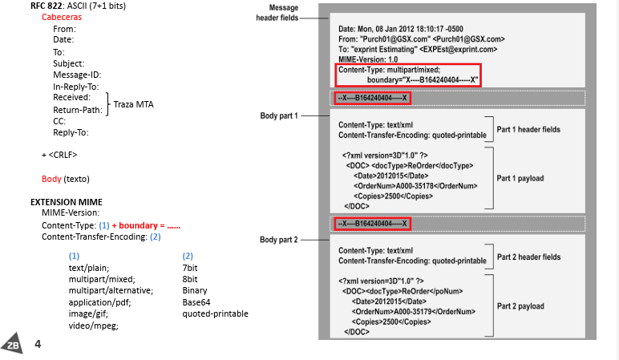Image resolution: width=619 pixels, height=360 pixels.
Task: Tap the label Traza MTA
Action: click(x=133, y=104)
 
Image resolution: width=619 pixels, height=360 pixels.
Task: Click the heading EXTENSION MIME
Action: click(x=67, y=201)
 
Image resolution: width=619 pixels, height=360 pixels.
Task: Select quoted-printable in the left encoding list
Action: click(x=215, y=313)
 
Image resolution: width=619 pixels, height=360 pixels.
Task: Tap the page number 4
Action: click(x=38, y=344)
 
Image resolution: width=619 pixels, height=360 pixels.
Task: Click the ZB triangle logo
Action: click(x=13, y=343)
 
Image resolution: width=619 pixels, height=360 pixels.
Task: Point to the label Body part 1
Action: click(x=278, y=116)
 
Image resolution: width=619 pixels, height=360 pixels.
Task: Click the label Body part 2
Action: click(x=278, y=240)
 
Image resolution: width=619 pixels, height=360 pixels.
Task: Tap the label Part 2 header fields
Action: click(x=529, y=257)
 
